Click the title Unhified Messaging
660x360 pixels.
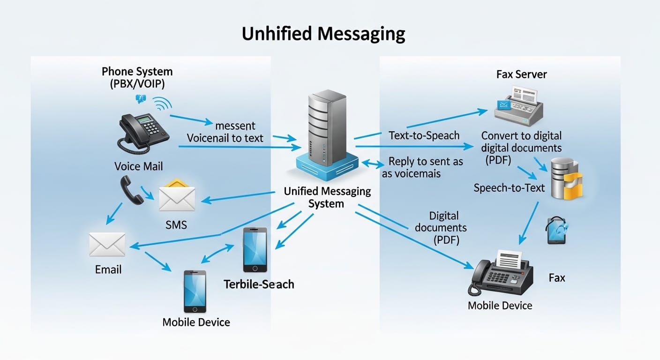pyautogui.click(x=323, y=34)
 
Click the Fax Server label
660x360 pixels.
pyautogui.click(x=521, y=74)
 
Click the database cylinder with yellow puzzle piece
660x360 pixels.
pyautogui.click(x=565, y=179)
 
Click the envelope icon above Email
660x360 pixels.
pyautogui.click(x=107, y=245)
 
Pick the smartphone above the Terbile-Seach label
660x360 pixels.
pyautogui.click(x=255, y=250)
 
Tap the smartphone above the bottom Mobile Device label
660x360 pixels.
pyautogui.click(x=195, y=291)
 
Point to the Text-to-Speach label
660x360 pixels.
pyautogui.click(x=424, y=135)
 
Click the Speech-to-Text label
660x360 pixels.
pyautogui.click(x=509, y=188)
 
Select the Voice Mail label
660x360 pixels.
pyautogui.click(x=139, y=166)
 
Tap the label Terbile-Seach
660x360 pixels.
pyautogui.click(x=259, y=284)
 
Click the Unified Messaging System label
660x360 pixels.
pyautogui.click(x=327, y=197)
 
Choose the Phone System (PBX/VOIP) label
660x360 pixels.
pyautogui.click(x=137, y=78)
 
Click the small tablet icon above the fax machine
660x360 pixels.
pyautogui.click(x=556, y=230)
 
